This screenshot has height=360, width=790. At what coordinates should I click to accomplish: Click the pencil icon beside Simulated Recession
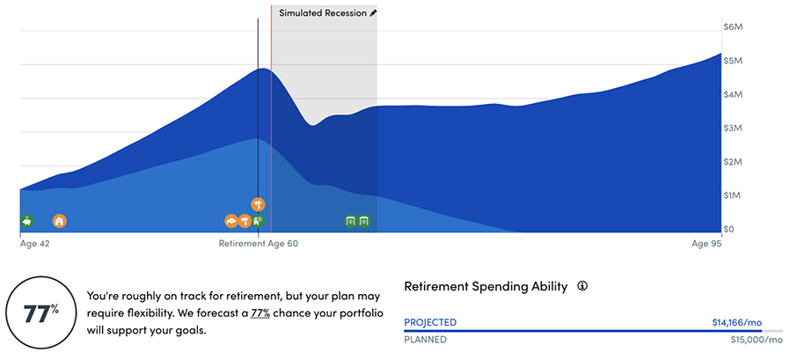tap(373, 13)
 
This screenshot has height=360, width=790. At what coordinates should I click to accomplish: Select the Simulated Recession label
tap(323, 13)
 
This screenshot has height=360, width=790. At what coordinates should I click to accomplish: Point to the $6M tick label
tap(733, 27)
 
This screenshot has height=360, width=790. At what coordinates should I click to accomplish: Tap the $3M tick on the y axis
tap(733, 128)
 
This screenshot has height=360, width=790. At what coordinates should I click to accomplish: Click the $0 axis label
tap(728, 230)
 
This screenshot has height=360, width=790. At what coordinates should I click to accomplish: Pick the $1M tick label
tap(733, 195)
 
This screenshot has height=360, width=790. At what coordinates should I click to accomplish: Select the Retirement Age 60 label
tap(259, 244)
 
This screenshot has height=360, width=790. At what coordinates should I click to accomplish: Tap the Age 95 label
tap(707, 244)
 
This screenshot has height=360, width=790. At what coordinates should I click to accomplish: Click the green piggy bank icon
tap(26, 221)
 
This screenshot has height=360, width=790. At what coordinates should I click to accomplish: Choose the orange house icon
tap(60, 221)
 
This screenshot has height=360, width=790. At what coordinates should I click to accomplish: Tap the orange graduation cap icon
tap(230, 221)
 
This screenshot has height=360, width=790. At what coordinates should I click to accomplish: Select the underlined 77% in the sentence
tap(260, 313)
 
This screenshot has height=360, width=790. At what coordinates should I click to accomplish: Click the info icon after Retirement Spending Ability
tap(583, 286)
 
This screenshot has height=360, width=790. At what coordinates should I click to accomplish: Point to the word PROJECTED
tap(430, 323)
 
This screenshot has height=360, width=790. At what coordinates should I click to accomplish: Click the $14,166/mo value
tap(736, 323)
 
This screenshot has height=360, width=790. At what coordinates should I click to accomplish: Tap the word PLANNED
tap(425, 340)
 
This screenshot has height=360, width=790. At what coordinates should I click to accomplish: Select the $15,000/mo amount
tap(757, 340)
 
